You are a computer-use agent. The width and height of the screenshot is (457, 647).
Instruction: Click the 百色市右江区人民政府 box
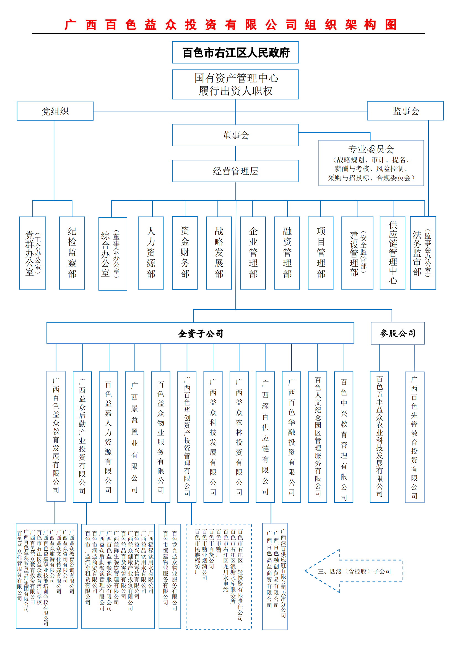235,52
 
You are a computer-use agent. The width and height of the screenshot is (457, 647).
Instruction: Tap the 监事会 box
405,111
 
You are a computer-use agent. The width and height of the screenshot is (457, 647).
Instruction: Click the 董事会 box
235,135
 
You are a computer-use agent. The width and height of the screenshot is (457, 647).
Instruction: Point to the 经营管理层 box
235,171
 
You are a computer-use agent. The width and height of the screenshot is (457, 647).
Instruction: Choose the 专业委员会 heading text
371,149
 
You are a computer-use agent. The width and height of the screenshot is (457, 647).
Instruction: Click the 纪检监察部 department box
72,253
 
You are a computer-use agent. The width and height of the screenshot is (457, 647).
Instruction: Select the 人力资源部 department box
151,253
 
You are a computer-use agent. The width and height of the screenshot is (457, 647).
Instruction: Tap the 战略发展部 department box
219,253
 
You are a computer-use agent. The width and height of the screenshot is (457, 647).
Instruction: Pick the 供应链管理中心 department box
392,253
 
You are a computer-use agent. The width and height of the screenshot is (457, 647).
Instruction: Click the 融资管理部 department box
287,253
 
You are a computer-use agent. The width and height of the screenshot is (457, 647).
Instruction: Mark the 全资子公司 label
200,333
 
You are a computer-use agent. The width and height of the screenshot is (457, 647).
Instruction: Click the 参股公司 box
397,333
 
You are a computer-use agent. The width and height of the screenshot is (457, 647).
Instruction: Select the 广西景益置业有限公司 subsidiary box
134,437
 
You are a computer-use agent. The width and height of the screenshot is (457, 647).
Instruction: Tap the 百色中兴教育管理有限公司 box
344,437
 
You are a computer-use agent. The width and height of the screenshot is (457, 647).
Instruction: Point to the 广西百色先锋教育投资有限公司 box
414,437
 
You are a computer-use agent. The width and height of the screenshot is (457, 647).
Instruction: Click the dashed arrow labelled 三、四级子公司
354,571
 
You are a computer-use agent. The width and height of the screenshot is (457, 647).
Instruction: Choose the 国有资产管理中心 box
235,84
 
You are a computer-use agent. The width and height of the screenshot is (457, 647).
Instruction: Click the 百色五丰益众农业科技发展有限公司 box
379,437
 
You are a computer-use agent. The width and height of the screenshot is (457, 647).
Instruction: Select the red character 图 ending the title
391,25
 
